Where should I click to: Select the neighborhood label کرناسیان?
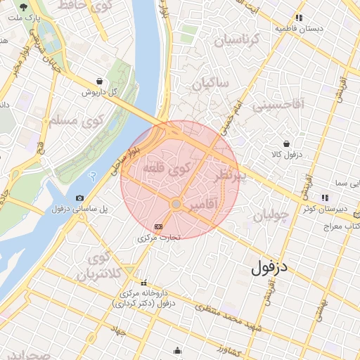(x=237, y=39)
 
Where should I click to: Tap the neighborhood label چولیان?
(x=270, y=216)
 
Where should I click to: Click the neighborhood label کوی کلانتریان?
(x=96, y=266)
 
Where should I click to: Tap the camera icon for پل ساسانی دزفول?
(x=79, y=198)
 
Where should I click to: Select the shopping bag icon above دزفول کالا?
(x=286, y=143)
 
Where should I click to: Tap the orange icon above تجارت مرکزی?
(x=158, y=226)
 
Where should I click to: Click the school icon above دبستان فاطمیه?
(x=299, y=18)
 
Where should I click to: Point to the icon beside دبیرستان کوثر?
(x=325, y=198)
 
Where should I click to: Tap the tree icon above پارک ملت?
(x=23, y=5)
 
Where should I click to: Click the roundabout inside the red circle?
(x=176, y=204)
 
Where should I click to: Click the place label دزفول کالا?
(x=287, y=153)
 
